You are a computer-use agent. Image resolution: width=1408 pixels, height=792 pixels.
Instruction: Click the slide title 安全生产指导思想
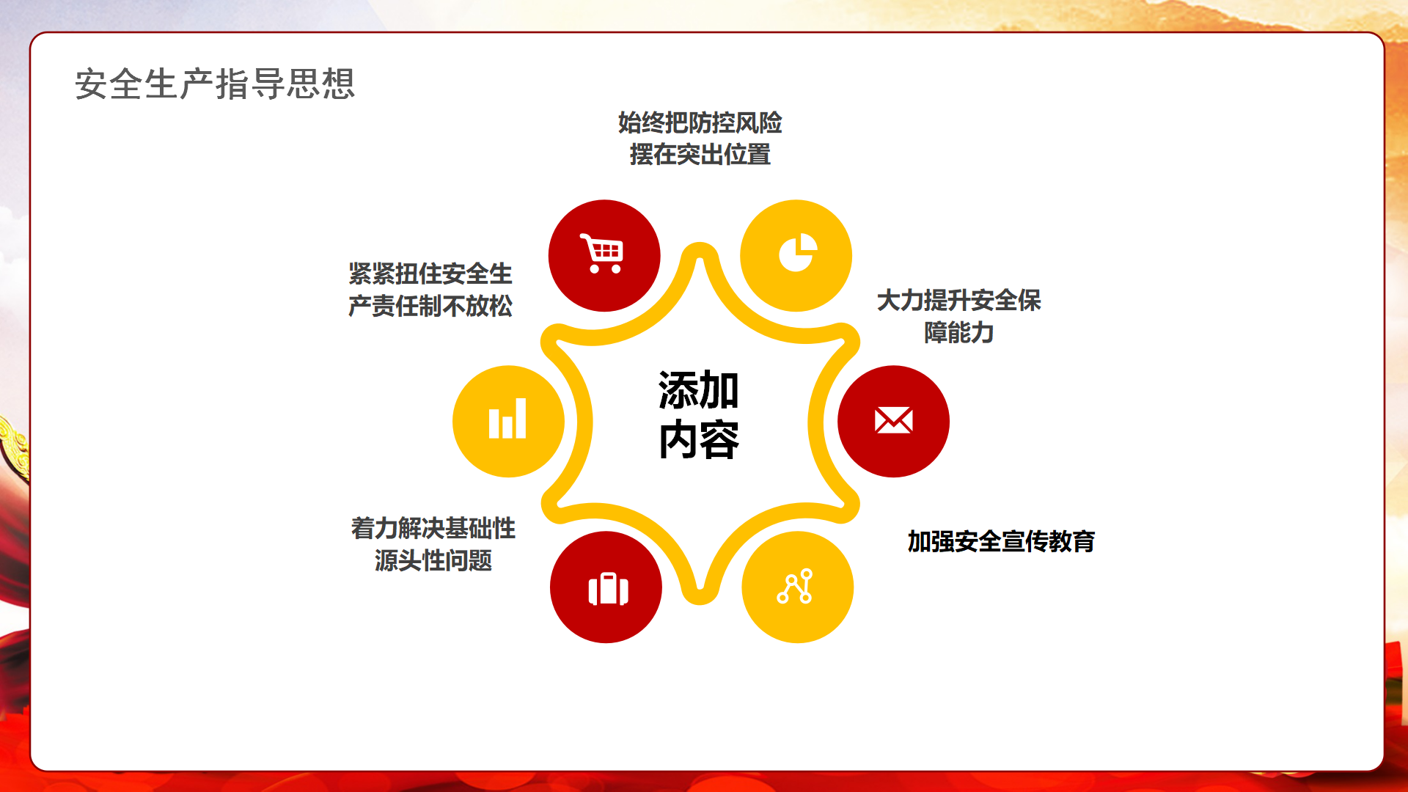click(215, 84)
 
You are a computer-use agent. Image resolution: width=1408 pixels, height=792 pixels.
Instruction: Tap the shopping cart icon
click(602, 253)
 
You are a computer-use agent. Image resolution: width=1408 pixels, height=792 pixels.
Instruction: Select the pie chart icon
click(797, 253)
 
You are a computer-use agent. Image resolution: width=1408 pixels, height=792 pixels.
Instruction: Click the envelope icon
click(893, 420)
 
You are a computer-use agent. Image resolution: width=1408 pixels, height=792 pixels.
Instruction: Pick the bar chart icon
click(507, 419)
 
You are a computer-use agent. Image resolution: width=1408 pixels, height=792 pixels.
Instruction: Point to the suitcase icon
click(608, 588)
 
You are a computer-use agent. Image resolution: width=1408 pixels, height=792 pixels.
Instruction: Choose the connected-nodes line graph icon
click(796, 586)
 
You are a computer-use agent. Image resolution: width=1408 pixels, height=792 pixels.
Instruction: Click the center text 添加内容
click(699, 414)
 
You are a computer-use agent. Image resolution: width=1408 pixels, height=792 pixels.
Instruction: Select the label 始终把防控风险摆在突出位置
click(700, 139)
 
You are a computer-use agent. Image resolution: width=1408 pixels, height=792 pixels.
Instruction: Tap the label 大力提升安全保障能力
click(959, 316)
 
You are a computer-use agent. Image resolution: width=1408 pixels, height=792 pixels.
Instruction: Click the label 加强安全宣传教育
click(1001, 541)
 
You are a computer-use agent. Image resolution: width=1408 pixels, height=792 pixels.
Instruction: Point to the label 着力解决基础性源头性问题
click(433, 544)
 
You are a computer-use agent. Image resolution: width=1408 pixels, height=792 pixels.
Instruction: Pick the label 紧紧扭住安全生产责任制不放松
click(430, 290)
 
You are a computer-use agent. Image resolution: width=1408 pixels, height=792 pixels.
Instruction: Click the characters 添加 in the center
click(699, 390)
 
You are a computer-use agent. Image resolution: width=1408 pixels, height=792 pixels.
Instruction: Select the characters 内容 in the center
click(699, 440)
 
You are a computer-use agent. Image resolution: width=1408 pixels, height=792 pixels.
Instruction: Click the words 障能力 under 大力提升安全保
click(959, 333)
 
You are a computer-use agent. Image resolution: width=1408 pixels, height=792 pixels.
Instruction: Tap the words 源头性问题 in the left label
click(433, 560)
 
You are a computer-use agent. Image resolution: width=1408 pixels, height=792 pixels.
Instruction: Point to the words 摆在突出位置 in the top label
click(700, 155)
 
